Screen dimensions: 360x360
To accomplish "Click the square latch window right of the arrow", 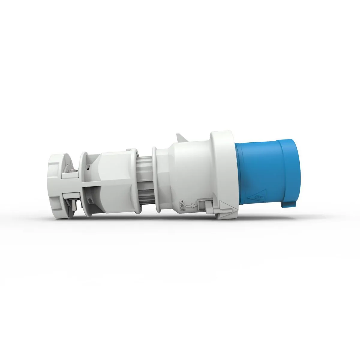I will pos(200,205).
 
